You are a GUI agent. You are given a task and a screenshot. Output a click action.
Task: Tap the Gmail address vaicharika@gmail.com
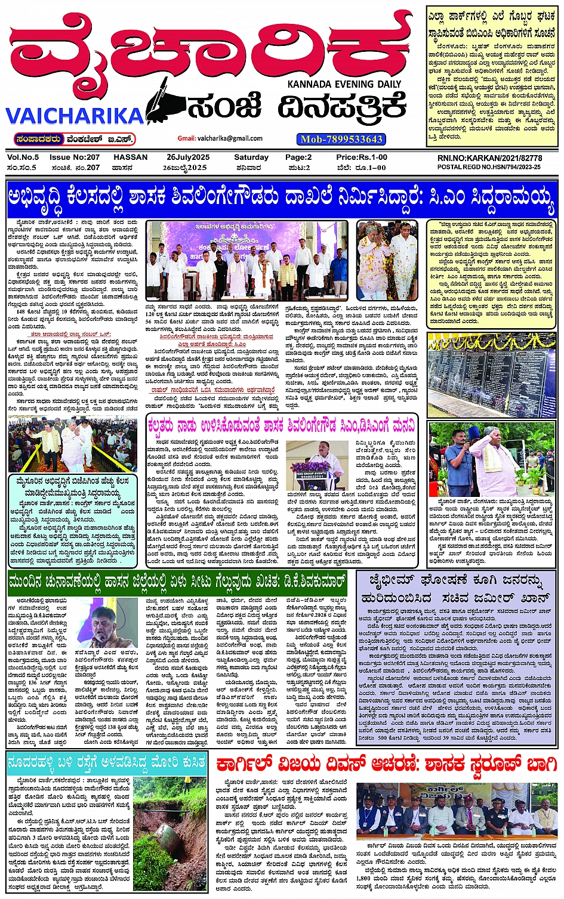(220, 138)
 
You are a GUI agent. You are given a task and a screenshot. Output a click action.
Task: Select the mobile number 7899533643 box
(341, 139)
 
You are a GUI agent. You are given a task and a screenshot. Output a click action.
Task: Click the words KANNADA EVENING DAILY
(347, 84)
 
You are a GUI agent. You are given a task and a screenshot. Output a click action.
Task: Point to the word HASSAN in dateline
(130, 157)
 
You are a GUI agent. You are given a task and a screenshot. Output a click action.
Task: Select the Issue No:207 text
(75, 157)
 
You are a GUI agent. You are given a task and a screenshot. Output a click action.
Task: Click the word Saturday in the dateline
(251, 157)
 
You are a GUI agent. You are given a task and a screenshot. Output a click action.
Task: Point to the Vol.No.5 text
(23, 157)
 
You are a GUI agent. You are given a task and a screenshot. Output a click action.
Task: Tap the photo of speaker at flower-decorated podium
(316, 465)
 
